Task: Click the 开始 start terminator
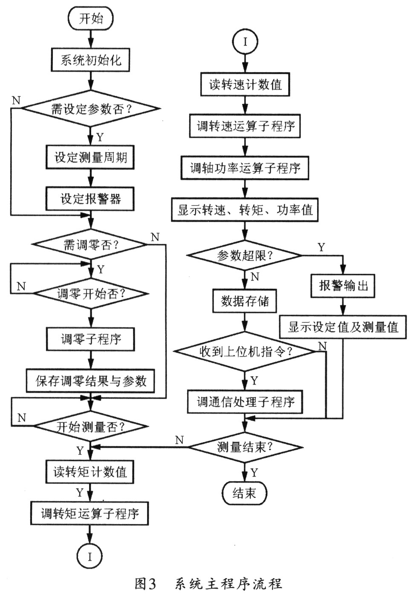point(91,19)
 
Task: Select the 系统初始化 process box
point(90,60)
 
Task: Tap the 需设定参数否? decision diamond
point(91,109)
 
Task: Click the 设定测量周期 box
point(90,157)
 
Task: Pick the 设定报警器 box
point(90,199)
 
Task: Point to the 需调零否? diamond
point(90,245)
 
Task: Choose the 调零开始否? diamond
point(91,293)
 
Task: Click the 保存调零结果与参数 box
point(90,381)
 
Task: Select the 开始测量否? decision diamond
point(91,426)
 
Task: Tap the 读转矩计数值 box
point(90,472)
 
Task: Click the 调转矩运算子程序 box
point(90,513)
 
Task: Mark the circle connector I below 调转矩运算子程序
point(90,557)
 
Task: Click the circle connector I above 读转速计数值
point(245,42)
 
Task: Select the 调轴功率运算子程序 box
point(245,168)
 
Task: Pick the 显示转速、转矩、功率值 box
point(245,210)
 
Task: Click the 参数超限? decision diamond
point(245,256)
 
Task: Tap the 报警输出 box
point(343,285)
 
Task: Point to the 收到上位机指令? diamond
point(245,352)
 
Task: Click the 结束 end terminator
point(244,493)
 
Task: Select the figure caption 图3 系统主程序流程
point(208,583)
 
